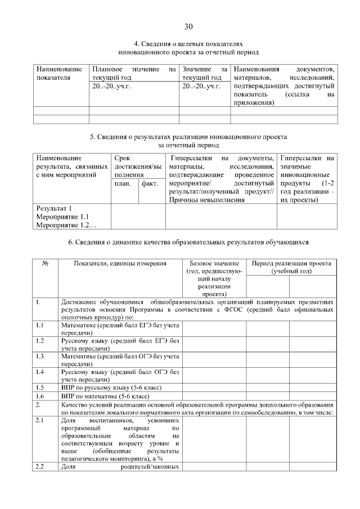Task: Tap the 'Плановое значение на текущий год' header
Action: click(x=134, y=73)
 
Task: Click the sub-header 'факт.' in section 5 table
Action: click(x=150, y=184)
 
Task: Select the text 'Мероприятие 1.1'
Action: click(x=62, y=217)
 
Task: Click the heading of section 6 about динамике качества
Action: click(x=188, y=242)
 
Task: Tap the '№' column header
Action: click(x=45, y=264)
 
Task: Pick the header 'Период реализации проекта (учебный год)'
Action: click(x=291, y=267)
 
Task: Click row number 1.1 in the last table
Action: click(x=40, y=325)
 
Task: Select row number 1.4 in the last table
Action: click(x=40, y=372)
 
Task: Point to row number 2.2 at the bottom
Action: click(x=40, y=466)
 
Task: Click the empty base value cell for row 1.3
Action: click(x=214, y=360)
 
